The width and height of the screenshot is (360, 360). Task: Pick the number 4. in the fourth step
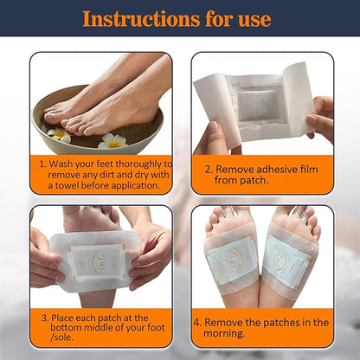pos(197,322)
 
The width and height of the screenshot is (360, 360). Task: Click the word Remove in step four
pos(227,322)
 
